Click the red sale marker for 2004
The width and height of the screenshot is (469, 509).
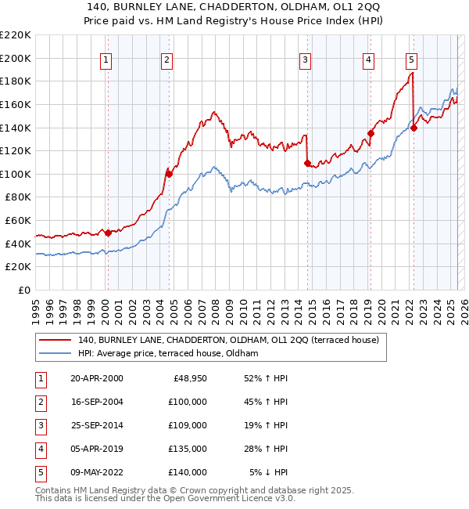tap(168, 173)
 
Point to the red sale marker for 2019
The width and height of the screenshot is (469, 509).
tap(371, 133)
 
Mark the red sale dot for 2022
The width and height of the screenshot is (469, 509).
tap(414, 128)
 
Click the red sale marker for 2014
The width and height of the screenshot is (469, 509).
tap(307, 163)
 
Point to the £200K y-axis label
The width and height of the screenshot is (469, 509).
tap(16, 58)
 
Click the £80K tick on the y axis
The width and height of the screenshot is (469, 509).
tap(18, 197)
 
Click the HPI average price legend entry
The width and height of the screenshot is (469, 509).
tap(167, 354)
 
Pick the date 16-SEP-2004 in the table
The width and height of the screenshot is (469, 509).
tap(96, 402)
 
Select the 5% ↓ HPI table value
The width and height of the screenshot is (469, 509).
tap(268, 472)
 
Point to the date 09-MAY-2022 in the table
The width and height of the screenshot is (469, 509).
tap(97, 472)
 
